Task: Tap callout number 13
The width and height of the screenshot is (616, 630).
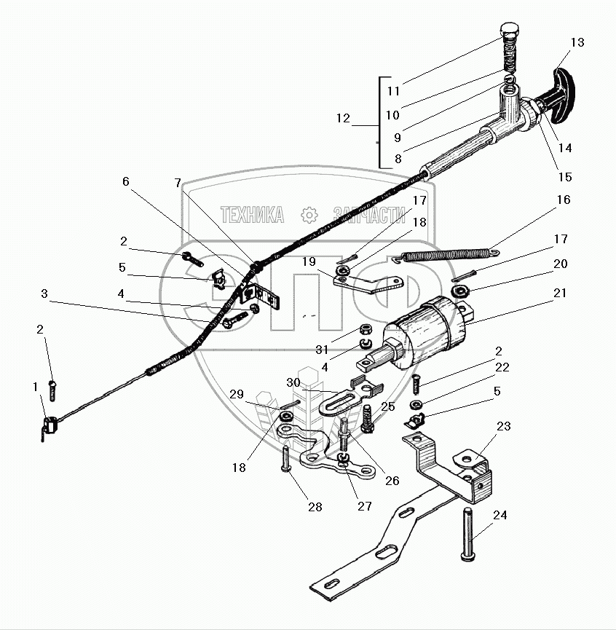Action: tap(577, 43)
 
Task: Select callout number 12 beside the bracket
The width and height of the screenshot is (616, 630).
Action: tap(344, 118)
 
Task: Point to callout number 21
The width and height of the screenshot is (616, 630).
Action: tap(560, 293)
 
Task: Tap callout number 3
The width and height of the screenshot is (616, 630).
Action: tap(44, 294)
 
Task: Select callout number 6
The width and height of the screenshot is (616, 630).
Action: tap(127, 181)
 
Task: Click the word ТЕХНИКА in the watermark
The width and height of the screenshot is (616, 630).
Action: tap(251, 214)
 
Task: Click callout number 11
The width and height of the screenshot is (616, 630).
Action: tap(394, 92)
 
